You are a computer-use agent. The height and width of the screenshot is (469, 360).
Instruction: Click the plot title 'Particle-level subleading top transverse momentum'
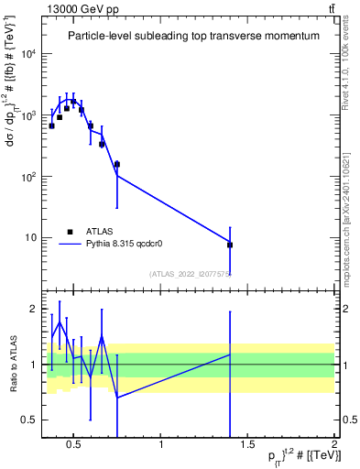pos(194,36)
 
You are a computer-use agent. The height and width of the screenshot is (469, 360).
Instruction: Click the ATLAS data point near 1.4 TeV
pos(230,245)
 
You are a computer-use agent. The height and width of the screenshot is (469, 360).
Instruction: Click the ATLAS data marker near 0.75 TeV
pos(117,165)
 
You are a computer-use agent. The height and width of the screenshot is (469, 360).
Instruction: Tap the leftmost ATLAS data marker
pos(52,125)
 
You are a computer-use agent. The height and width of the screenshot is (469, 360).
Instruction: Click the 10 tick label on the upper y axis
pos(33,238)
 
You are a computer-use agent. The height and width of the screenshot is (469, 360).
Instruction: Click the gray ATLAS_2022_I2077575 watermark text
pos(191,274)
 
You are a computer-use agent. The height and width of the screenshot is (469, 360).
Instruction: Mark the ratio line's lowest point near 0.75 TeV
pos(117,398)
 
